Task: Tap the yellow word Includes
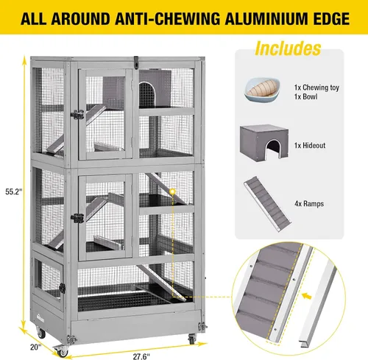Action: click(288, 49)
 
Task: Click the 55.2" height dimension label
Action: click(14, 191)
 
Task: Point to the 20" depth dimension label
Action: click(36, 347)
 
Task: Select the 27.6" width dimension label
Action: click(141, 356)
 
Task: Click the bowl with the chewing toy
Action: click(262, 89)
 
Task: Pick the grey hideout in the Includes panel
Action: click(264, 143)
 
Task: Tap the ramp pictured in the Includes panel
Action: click(267, 204)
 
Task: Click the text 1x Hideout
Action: click(310, 145)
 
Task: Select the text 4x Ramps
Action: click(309, 204)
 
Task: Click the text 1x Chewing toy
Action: click(316, 88)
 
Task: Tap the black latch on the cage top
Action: click(136, 63)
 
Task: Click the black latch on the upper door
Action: click(77, 115)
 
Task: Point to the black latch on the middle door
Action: click(77, 218)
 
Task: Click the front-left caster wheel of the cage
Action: click(61, 351)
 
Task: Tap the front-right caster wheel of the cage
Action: click(192, 339)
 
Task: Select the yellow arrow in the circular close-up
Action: click(307, 296)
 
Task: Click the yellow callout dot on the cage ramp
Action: click(173, 191)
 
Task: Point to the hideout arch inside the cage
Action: click(147, 94)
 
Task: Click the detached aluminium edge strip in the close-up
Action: click(319, 304)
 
